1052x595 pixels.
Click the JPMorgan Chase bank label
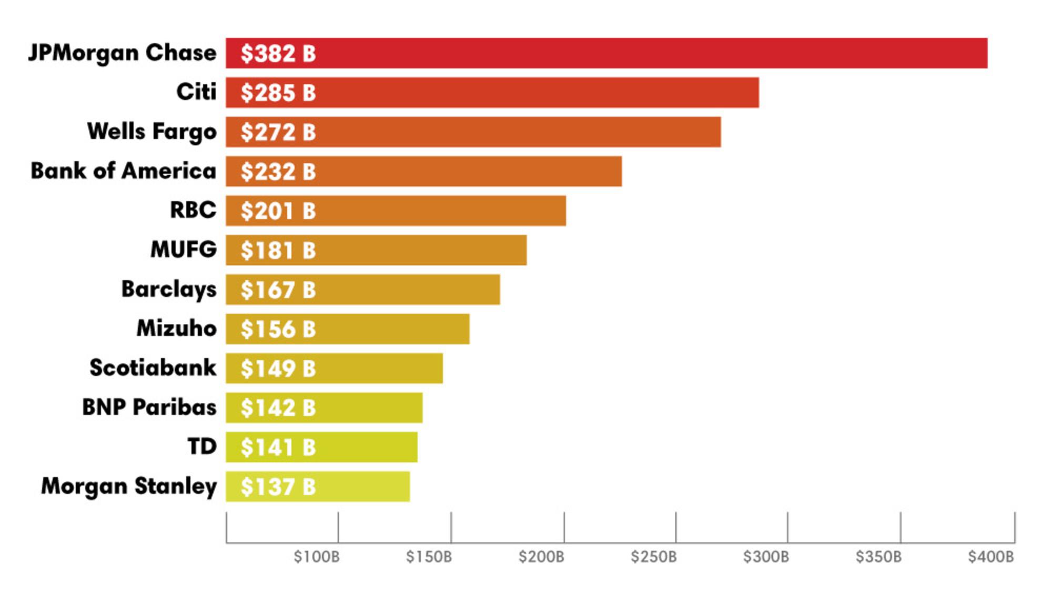(122, 53)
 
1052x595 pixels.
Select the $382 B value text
(278, 53)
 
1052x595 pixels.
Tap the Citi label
(196, 92)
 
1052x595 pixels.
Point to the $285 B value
(278, 93)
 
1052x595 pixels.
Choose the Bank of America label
(123, 171)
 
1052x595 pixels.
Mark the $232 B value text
(278, 172)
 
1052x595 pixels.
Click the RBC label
(193, 210)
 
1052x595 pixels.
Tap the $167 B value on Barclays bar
(278, 290)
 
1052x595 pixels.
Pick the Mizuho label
(176, 329)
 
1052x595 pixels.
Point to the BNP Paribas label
(149, 407)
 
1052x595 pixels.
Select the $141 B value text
(278, 448)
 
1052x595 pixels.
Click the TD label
(202, 447)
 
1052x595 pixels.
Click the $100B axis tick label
(316, 557)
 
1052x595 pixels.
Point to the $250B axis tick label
(653, 557)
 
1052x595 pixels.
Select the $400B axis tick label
(990, 557)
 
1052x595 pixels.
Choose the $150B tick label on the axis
(429, 557)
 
